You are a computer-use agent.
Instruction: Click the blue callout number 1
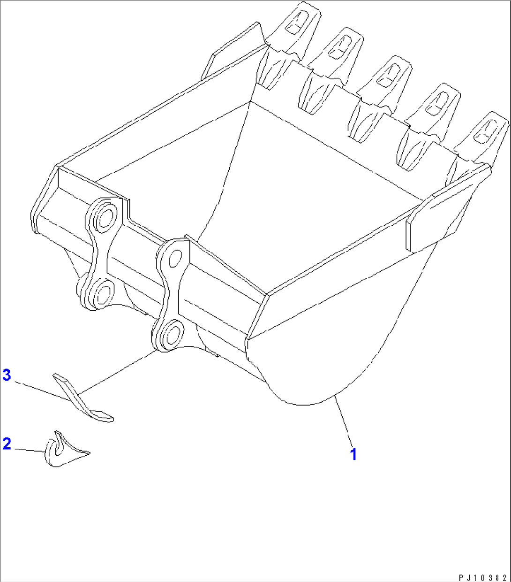coord(354,454)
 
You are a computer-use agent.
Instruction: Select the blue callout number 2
coord(7,444)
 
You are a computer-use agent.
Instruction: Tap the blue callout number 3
coord(7,375)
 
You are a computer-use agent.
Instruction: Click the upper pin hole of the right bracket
coord(174,257)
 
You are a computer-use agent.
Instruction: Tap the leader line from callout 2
coord(28,450)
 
